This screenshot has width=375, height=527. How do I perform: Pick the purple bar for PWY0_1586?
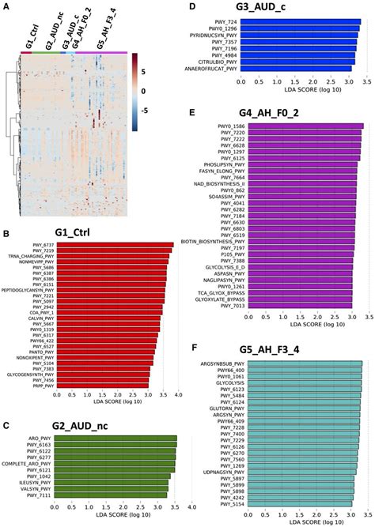click(302, 126)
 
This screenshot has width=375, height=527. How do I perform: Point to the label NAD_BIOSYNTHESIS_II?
click(220, 183)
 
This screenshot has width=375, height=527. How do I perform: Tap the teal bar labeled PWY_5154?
click(297, 503)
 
